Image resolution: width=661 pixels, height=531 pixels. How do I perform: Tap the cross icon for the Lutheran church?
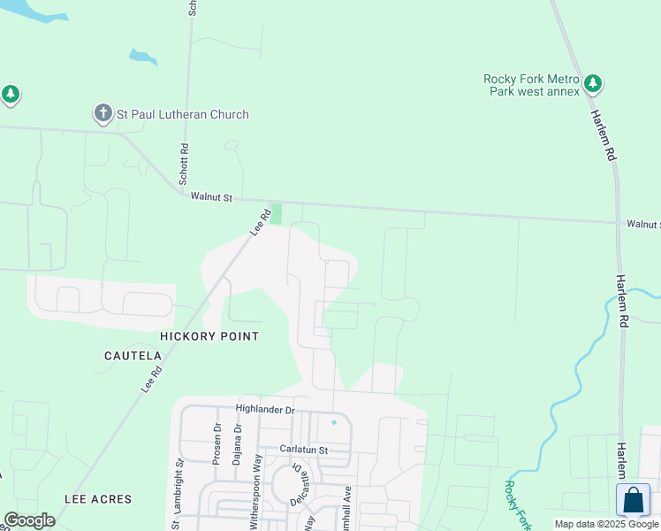tap(103, 113)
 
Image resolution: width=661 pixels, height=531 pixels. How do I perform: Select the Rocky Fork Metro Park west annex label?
tap(531, 85)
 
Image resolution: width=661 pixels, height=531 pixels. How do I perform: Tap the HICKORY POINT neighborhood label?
tap(209, 336)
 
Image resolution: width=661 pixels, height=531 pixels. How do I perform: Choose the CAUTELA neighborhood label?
tap(133, 356)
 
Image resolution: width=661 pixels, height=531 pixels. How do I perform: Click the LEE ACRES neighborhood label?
tap(98, 499)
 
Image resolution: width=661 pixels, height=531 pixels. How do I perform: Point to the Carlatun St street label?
tap(304, 450)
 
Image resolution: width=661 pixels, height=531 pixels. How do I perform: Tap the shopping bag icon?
tap(633, 500)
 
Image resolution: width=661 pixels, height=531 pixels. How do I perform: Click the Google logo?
tap(29, 520)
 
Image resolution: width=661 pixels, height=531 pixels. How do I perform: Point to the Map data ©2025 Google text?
tap(605, 524)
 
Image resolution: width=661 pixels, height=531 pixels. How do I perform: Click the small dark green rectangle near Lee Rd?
tap(276, 214)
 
